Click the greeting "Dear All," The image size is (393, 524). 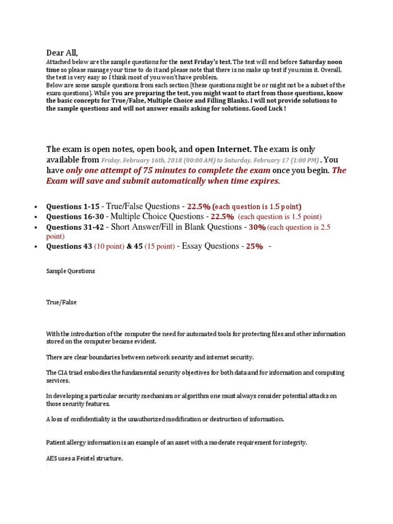(62, 52)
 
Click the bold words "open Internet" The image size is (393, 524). (223, 149)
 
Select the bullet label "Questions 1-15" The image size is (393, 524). (73, 206)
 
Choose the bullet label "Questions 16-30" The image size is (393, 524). (75, 216)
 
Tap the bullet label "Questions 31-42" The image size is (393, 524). (75, 227)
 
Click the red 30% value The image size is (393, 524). (257, 227)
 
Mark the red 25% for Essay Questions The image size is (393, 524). (254, 246)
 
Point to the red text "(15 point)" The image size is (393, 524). (159, 246)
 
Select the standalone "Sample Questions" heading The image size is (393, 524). (71, 271)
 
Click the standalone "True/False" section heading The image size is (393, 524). (61, 302)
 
